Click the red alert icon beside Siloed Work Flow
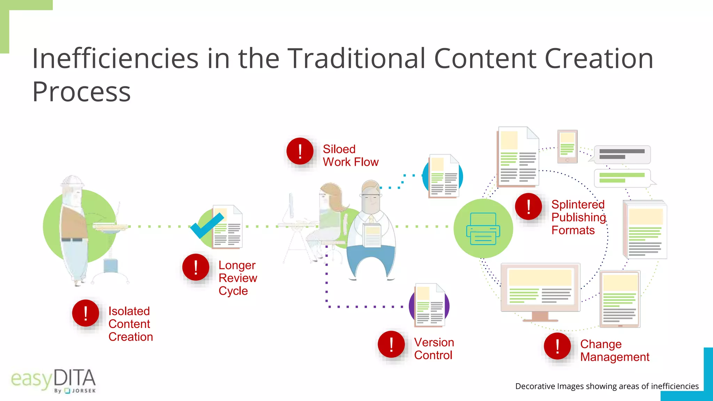(300, 151)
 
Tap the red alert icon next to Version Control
(391, 344)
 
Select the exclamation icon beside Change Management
(557, 346)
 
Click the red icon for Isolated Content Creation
(86, 313)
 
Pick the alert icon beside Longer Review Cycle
(196, 267)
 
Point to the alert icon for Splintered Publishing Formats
(528, 206)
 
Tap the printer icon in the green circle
(483, 229)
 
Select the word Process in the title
(81, 92)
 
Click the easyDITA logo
(53, 380)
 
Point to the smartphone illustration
(567, 147)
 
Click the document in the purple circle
(430, 305)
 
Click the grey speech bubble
(621, 154)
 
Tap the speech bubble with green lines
(622, 178)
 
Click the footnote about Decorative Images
(606, 386)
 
